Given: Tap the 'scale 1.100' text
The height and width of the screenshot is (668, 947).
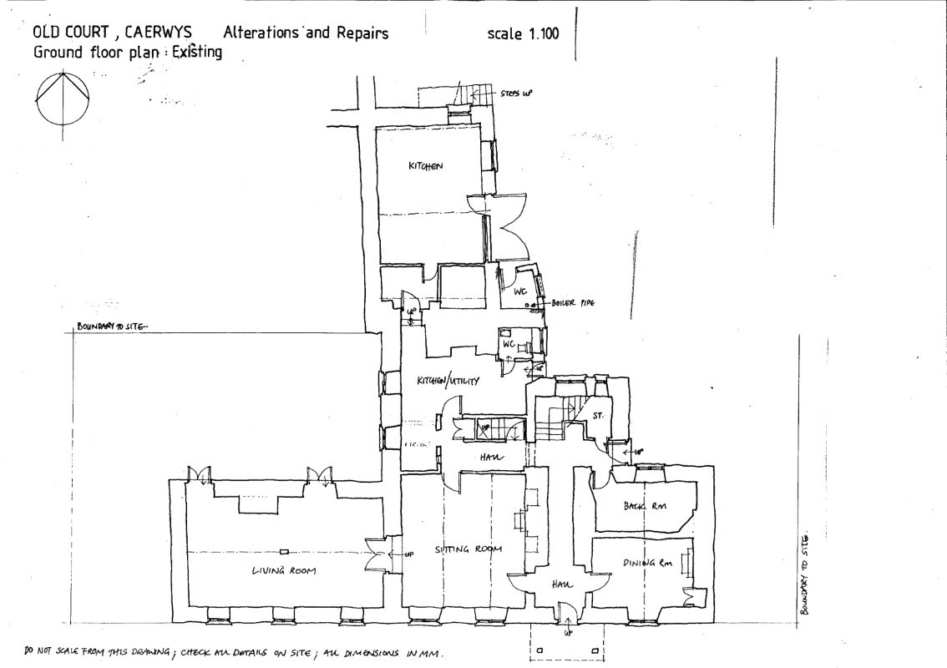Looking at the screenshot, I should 523,34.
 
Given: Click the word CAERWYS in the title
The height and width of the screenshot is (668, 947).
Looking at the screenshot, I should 157,33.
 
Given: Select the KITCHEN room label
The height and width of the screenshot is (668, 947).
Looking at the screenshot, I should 424,166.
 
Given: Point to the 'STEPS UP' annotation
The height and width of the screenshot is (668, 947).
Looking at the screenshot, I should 516,94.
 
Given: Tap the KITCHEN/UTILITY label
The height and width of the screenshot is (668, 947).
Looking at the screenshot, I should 448,381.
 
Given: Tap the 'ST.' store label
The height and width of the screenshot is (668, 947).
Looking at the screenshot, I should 598,414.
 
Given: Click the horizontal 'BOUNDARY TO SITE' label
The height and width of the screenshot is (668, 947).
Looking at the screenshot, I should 110,326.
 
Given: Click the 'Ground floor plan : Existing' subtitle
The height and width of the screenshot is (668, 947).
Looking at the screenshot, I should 127,53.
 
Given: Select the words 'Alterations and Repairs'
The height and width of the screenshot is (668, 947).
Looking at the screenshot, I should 305,33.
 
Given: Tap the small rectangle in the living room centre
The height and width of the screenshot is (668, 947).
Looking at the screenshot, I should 284,551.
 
